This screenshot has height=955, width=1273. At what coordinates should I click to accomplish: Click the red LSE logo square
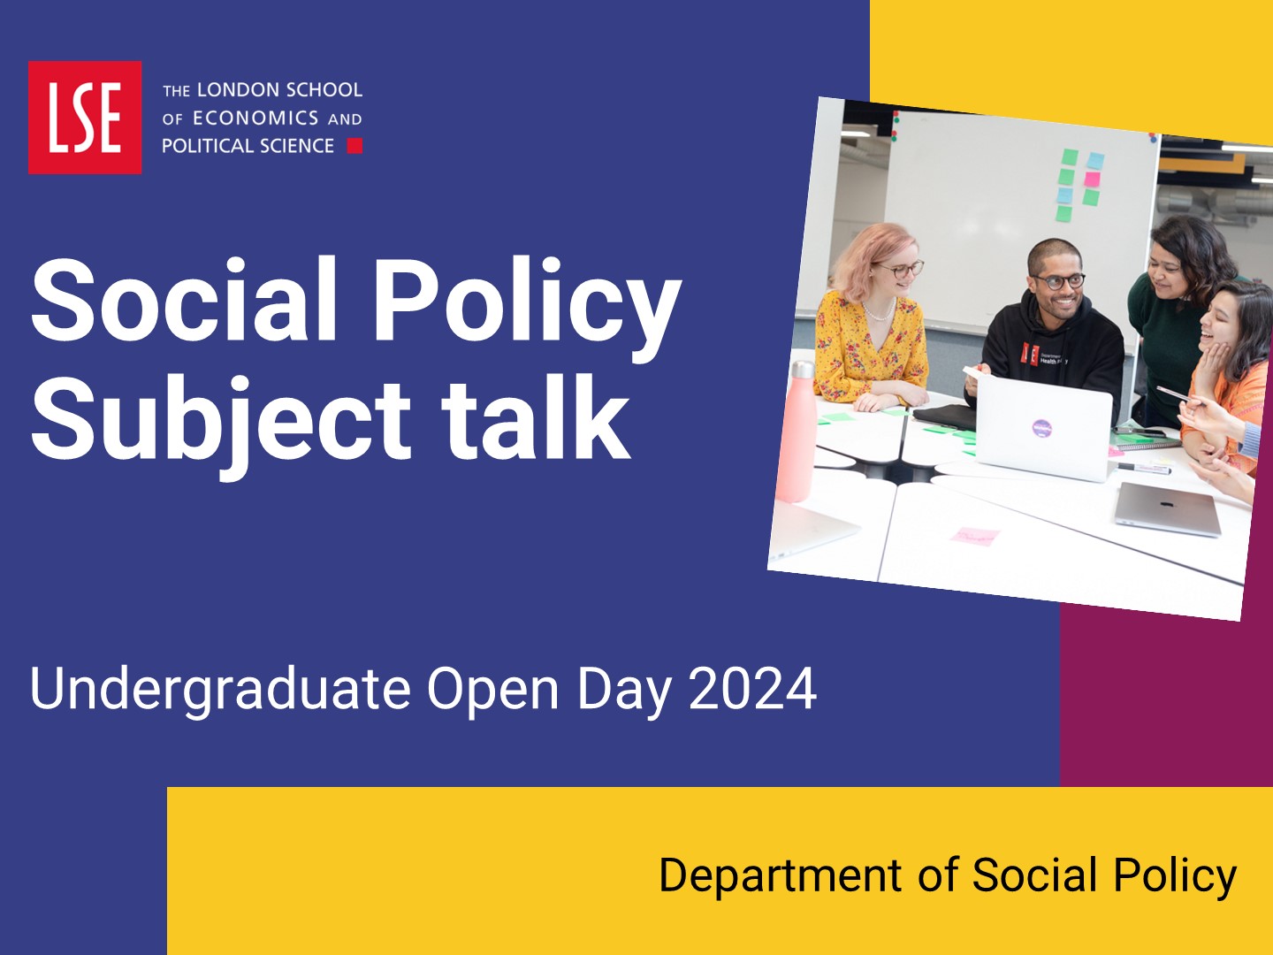[85, 117]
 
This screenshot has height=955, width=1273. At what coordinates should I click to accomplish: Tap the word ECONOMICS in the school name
[255, 118]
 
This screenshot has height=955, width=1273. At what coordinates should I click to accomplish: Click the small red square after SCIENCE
[354, 146]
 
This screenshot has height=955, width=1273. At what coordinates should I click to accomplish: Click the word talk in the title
[536, 416]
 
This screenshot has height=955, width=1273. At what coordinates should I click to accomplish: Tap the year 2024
[752, 688]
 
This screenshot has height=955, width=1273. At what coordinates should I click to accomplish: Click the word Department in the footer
[780, 875]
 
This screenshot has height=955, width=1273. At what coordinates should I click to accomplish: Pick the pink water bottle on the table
[797, 432]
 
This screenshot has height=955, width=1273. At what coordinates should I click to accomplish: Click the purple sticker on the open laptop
[1042, 428]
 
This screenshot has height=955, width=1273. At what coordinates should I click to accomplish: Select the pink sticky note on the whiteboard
[1092, 180]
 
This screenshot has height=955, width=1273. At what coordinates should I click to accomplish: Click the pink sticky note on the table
[975, 536]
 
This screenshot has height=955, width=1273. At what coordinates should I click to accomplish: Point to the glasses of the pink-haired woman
[901, 270]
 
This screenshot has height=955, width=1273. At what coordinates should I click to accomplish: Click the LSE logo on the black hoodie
[1030, 353]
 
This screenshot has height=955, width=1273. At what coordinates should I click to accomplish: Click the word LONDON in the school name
[239, 90]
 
